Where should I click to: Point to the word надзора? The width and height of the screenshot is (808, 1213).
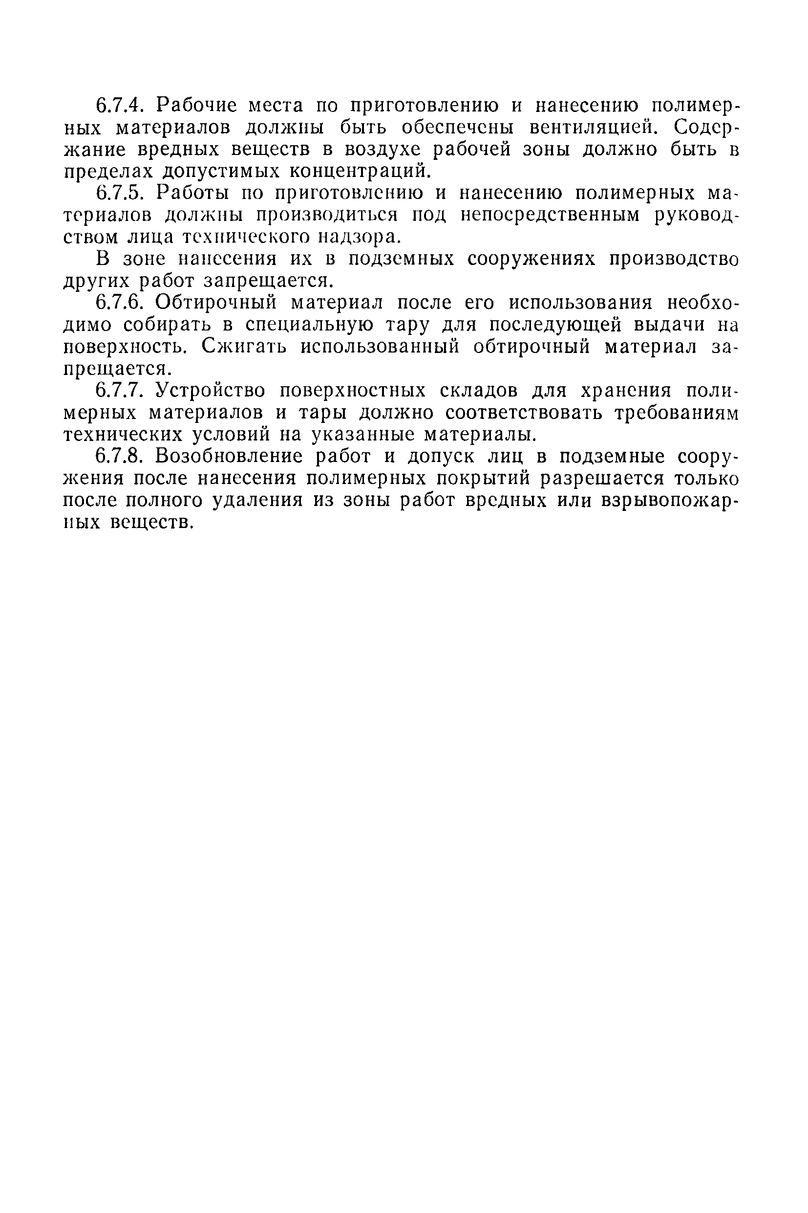pyautogui.click(x=357, y=237)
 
